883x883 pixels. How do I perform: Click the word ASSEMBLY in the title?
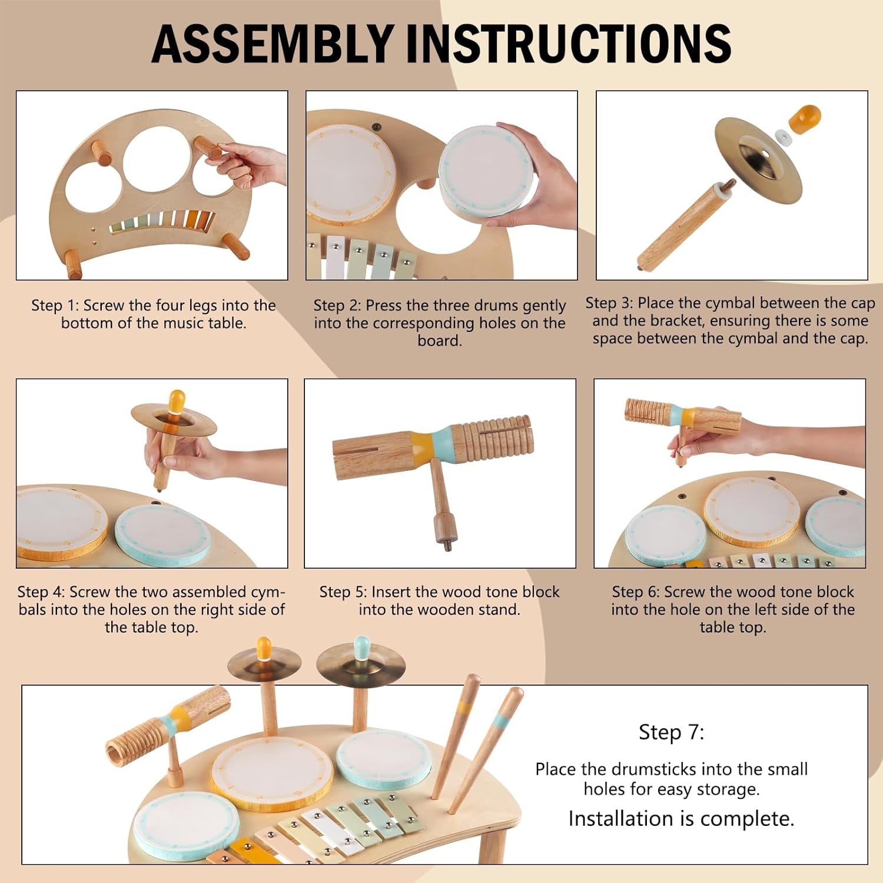(x=273, y=44)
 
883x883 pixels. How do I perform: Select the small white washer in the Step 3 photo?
(x=783, y=137)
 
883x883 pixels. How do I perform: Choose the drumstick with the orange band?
(x=459, y=736)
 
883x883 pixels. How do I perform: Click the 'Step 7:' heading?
(x=671, y=732)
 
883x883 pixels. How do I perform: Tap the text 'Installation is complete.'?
(x=681, y=818)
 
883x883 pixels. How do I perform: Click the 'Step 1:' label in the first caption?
(x=55, y=306)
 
